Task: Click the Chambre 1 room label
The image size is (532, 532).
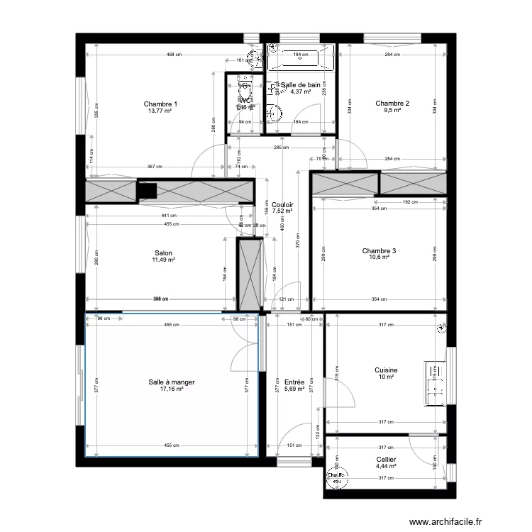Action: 160,104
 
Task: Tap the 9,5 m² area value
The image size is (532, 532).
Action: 393,111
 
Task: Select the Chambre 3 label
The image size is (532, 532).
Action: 379,250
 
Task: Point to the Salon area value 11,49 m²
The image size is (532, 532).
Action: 163,260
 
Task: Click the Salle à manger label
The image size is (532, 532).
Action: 172,382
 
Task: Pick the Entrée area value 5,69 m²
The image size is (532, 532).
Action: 294,389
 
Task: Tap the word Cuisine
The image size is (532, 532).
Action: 386,370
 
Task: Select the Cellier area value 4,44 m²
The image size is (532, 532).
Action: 386,466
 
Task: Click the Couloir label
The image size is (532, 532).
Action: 282,204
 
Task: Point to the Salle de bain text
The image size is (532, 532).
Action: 301,85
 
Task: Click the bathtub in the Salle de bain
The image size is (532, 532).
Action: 300,58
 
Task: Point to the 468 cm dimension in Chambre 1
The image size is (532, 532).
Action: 172,55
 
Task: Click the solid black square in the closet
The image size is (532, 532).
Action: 148,191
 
